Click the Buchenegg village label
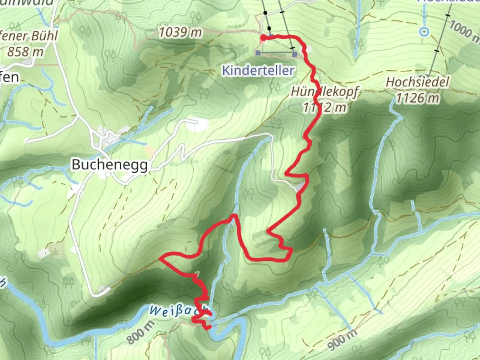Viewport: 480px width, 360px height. [x=110, y=165]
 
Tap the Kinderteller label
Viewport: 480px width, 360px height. [x=258, y=71]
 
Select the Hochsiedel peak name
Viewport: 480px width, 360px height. [x=417, y=82]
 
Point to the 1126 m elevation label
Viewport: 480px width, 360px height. [x=417, y=98]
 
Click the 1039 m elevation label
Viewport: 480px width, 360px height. [x=180, y=32]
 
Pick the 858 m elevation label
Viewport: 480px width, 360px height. [x=25, y=52]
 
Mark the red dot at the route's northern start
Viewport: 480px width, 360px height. [x=263, y=38]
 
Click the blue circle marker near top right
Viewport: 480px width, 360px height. [x=424, y=32]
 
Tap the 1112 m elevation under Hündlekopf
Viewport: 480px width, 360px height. [x=324, y=107]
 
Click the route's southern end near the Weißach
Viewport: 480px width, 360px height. [x=208, y=328]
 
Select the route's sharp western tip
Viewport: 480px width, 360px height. [x=161, y=258]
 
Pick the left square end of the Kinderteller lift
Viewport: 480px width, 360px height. [x=258, y=53]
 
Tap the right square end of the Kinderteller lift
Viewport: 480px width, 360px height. [x=294, y=54]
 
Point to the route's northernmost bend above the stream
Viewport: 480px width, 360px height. [x=234, y=216]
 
